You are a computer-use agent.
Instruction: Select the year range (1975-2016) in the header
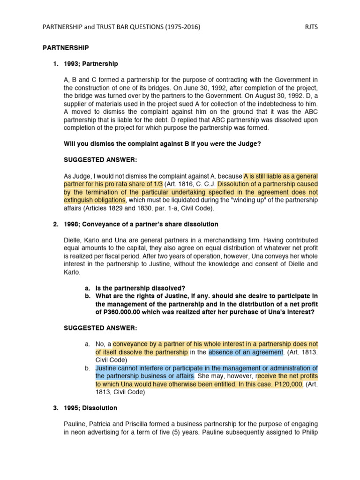click(x=178, y=27)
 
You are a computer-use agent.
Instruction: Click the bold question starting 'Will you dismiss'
click(x=162, y=144)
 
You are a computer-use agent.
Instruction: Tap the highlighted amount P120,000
click(x=289, y=384)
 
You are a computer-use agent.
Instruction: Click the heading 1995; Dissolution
click(x=90, y=408)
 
